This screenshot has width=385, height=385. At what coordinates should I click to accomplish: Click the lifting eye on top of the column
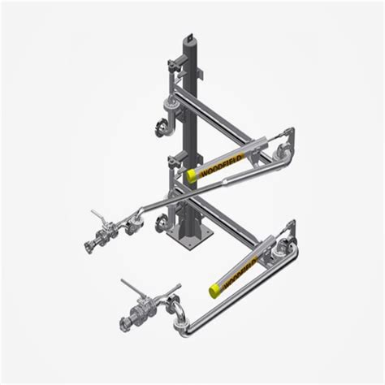coord(188,37)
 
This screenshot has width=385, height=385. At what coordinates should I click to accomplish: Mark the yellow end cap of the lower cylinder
coord(214,285)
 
